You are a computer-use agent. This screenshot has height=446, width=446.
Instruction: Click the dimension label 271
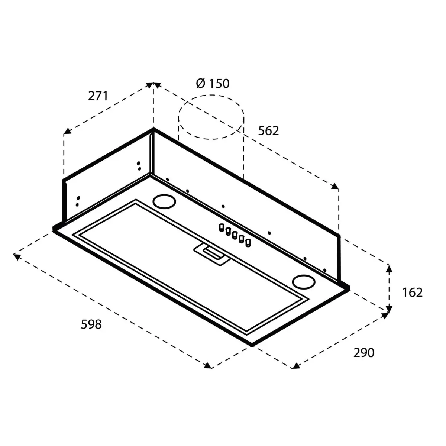point(98,96)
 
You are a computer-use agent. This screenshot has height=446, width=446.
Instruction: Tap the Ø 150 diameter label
point(213,83)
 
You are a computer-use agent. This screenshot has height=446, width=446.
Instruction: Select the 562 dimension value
point(268,131)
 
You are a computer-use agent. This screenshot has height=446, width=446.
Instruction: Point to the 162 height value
point(413,293)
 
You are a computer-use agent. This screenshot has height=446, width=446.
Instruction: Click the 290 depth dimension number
point(363,353)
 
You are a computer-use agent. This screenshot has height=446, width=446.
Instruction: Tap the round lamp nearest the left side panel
point(164,201)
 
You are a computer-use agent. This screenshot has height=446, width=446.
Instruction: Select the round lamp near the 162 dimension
point(303,282)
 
